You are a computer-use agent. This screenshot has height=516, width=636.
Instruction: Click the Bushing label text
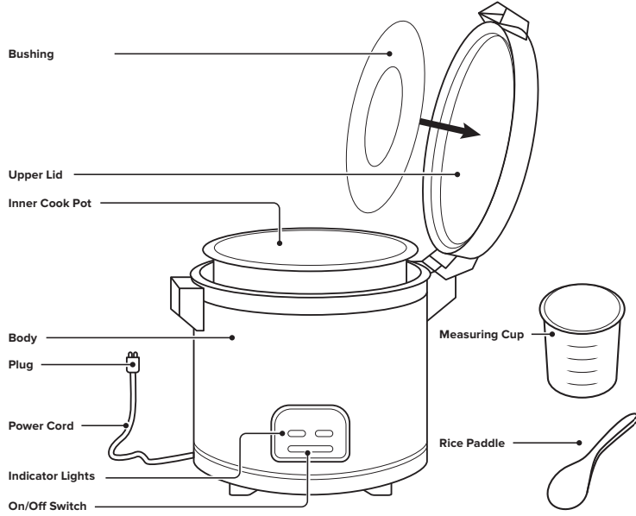coord(30,53)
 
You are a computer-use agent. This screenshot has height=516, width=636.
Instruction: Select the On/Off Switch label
coord(47,505)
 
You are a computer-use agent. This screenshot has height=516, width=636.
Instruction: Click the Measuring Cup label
coord(481,333)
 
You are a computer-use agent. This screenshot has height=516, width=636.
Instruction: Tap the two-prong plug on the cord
coord(134,364)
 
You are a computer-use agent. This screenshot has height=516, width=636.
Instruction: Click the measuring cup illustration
coord(581,339)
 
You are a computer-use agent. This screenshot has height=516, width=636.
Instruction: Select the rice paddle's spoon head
coord(561,483)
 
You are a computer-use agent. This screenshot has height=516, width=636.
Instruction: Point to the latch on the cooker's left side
coord(185,295)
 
